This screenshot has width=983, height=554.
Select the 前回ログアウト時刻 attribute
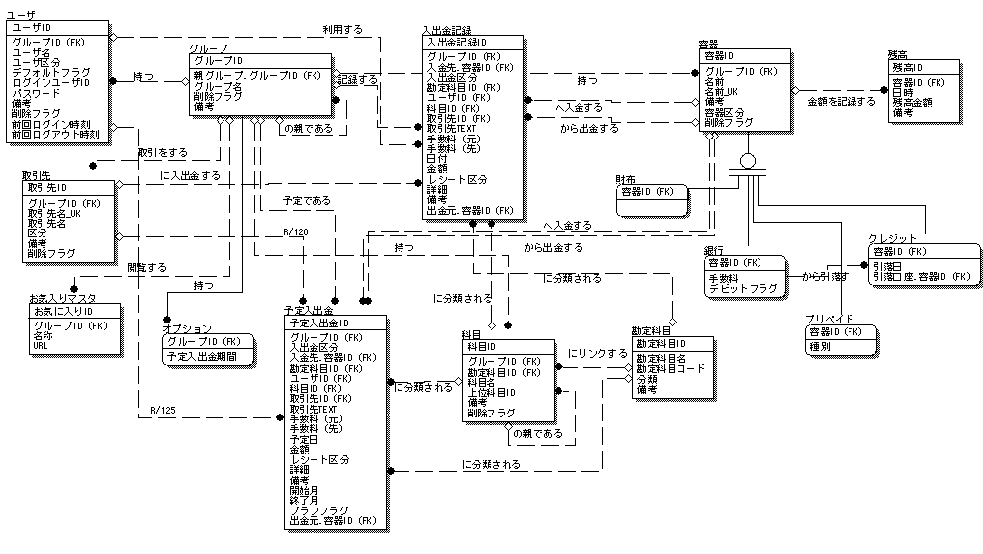click(x=55, y=133)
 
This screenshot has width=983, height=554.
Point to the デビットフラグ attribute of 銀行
click(x=743, y=288)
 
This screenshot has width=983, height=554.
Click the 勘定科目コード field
click(x=670, y=368)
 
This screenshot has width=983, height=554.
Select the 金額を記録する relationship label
click(x=842, y=102)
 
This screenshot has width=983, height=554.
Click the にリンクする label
click(x=597, y=353)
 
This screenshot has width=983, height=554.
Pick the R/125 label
click(x=164, y=409)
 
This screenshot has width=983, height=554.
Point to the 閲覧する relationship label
click(x=146, y=267)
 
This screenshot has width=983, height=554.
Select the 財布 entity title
click(x=625, y=179)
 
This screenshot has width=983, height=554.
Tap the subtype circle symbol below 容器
click(x=748, y=160)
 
